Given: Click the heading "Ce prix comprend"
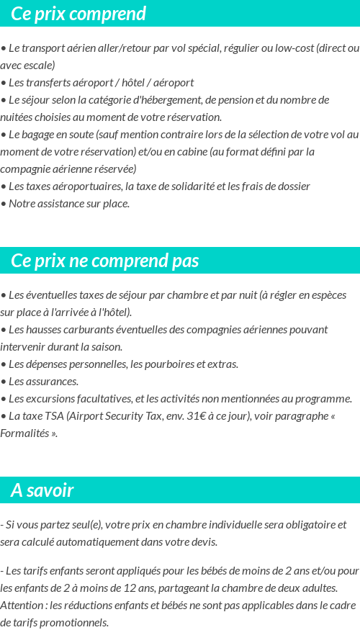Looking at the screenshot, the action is pos(78,14).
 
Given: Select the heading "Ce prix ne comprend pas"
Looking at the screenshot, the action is pos(105,261).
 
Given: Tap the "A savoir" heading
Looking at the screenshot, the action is pos(42,490).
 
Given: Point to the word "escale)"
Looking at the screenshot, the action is pos(39,66).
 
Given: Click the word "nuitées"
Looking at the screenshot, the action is pos(19,117).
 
